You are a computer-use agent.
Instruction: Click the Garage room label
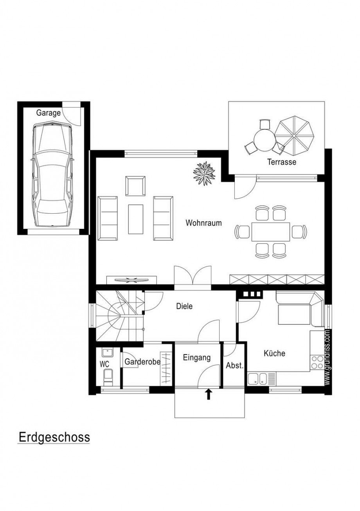click(49, 113)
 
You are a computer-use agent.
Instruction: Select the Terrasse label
click(282, 162)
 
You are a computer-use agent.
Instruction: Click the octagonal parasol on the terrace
click(294, 135)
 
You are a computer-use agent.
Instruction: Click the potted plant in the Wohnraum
click(204, 171)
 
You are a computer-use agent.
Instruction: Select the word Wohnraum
click(203, 223)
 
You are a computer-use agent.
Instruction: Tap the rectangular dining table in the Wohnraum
click(270, 232)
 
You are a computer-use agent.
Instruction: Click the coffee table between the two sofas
click(136, 219)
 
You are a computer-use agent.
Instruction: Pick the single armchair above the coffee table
click(135, 186)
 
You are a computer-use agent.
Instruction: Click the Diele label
click(184, 306)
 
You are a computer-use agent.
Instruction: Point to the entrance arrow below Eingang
click(208, 394)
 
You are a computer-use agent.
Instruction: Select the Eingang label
click(197, 358)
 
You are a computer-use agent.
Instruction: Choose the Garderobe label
click(142, 362)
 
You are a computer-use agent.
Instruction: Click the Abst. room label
click(234, 366)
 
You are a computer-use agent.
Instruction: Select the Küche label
click(274, 353)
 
